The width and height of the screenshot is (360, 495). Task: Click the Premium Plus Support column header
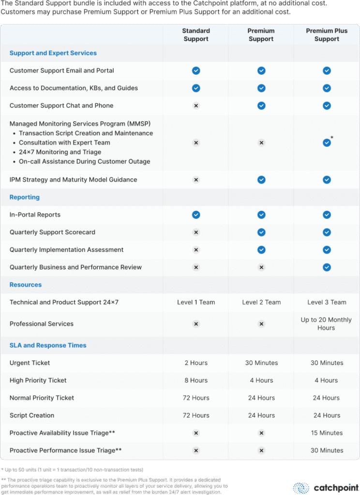pos(327,35)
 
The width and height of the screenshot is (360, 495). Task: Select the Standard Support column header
pos(196,35)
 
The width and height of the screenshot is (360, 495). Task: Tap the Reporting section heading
pos(25,197)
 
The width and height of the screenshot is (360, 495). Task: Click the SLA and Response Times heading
pos(48,345)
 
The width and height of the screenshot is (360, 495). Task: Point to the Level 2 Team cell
pos(261,302)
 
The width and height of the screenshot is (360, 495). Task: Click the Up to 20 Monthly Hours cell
pos(326,323)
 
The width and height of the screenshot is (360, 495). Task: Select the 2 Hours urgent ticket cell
pos(196,363)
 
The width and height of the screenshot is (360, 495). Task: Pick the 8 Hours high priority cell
pos(196,380)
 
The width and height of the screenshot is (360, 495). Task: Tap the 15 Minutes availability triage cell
pos(327,433)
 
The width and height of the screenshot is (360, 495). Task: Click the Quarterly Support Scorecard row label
pos(52,232)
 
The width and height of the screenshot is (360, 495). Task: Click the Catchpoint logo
pos(326,487)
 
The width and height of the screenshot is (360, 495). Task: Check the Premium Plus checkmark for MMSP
pos(327,143)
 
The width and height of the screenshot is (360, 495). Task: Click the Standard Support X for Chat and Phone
pos(196,105)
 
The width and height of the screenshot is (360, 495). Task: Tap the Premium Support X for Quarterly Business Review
pos(261,267)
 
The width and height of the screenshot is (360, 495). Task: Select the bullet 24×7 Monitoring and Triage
pos(60,152)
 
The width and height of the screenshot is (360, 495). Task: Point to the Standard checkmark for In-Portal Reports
pos(196,215)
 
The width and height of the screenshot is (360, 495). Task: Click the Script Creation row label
pos(32,415)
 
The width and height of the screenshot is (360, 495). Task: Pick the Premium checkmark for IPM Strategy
pos(261,179)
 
